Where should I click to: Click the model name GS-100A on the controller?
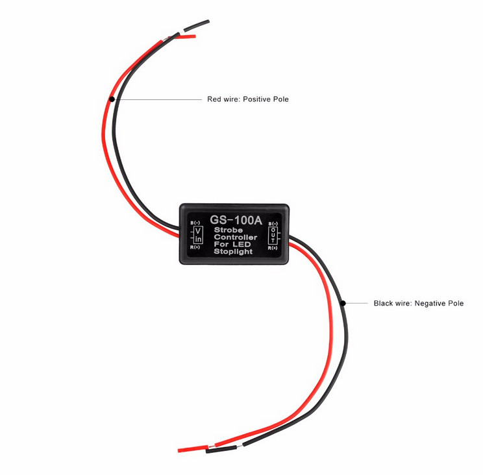236,220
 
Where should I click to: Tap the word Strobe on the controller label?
229,230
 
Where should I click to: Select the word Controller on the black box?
236,237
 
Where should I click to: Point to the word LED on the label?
241,244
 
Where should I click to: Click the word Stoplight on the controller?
233,252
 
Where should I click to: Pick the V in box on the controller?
199,235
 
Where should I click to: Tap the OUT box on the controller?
273,236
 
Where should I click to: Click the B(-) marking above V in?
195,223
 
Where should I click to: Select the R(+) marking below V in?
195,247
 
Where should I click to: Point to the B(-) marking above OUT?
273,223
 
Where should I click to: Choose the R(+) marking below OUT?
273,248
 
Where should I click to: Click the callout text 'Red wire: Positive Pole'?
248,99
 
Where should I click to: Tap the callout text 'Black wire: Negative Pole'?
419,303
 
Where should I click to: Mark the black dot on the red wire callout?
112,99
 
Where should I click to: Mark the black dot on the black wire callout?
343,303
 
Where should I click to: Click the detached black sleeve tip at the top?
197,26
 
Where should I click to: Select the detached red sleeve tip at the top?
186,36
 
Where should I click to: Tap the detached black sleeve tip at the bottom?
221,449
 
